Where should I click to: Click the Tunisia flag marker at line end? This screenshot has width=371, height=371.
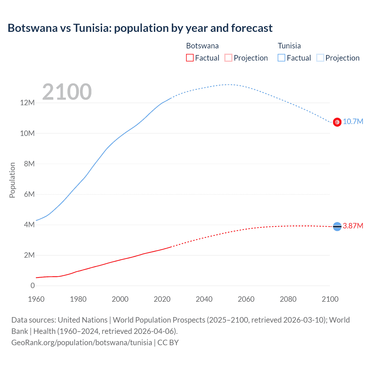pyautogui.click(x=337, y=122)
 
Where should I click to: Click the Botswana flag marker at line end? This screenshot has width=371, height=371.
pyautogui.click(x=337, y=226)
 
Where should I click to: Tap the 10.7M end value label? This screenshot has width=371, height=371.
pyautogui.click(x=353, y=122)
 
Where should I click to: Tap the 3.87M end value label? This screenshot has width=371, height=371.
pyautogui.click(x=353, y=226)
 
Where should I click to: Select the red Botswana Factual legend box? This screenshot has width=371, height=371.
pyautogui.click(x=190, y=58)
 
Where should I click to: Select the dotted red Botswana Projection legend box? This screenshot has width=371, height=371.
pyautogui.click(x=228, y=58)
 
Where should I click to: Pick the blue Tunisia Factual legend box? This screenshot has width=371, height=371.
pyautogui.click(x=281, y=58)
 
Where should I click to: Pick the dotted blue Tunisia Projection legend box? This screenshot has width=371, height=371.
pyautogui.click(x=320, y=58)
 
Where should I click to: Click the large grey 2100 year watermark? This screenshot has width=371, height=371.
pyautogui.click(x=67, y=92)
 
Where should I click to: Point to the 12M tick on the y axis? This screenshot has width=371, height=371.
pyautogui.click(x=28, y=103)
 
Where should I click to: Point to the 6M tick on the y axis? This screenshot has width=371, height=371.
pyautogui.click(x=29, y=194)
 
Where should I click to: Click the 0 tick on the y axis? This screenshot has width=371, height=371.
pyautogui.click(x=32, y=285)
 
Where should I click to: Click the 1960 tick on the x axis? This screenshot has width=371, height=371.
pyautogui.click(x=36, y=299)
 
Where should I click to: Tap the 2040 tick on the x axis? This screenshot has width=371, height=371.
pyautogui.click(x=204, y=299)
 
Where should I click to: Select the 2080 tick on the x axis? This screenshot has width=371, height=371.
pyautogui.click(x=288, y=299)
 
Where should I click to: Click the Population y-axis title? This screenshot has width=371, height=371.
pyautogui.click(x=12, y=180)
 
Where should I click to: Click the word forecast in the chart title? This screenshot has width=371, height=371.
pyautogui.click(x=252, y=28)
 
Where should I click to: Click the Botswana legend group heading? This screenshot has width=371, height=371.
pyautogui.click(x=202, y=46)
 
